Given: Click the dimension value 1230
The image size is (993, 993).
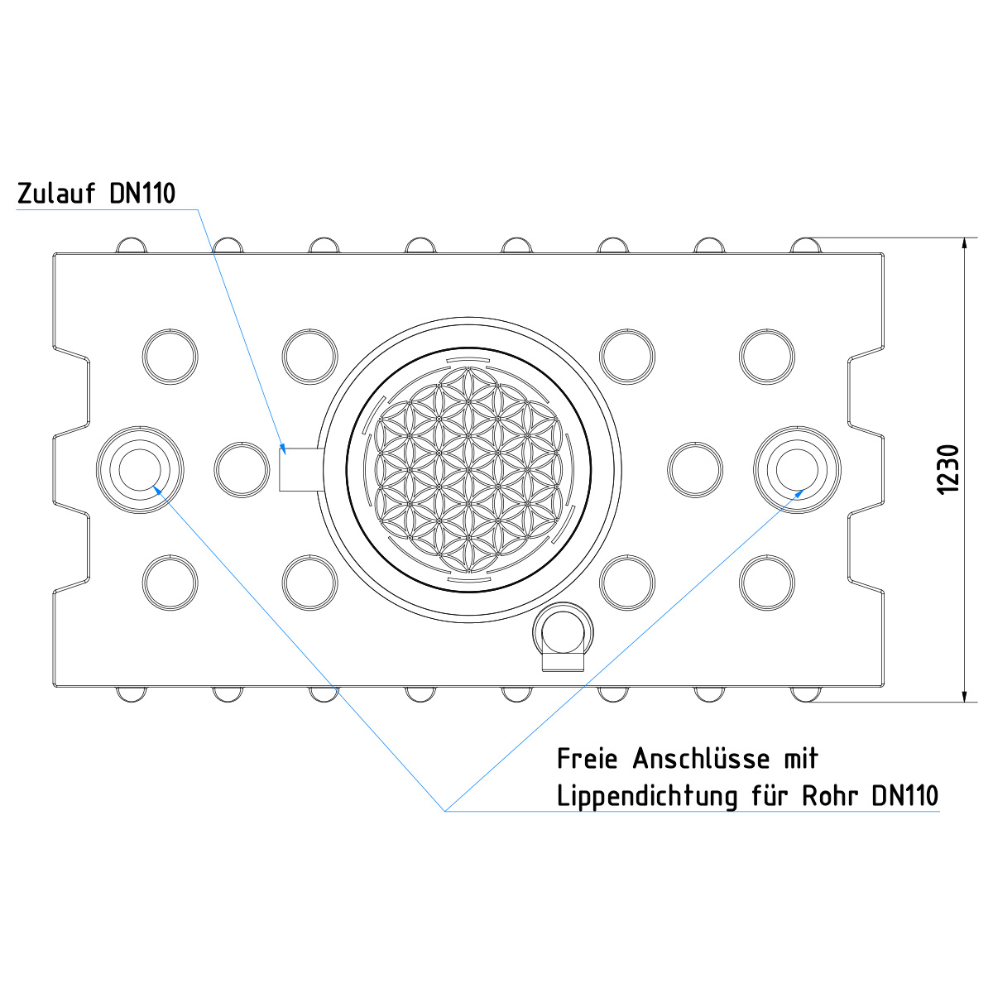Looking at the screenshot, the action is pos(947,469).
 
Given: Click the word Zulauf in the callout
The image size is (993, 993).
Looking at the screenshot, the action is pos(56,194).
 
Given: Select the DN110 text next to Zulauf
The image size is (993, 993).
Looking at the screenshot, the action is pos(142,194).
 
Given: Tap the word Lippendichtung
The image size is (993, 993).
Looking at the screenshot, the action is pos(648,797).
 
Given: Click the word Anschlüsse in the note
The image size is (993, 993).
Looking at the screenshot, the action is pos(702,759).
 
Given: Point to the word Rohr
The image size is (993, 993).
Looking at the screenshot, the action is pos(830,795).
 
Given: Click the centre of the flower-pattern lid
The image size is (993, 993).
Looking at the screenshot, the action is pos(468,470).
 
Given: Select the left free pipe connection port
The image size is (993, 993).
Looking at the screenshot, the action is pos(140,469).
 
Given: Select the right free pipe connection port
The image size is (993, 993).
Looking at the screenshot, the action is pos(797,469).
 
